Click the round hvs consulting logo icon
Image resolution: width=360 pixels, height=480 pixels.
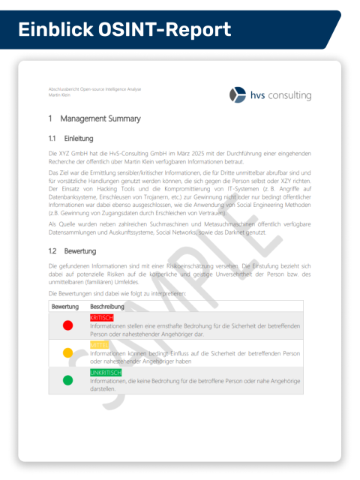tap(238, 94)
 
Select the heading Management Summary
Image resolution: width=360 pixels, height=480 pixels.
tap(100, 118)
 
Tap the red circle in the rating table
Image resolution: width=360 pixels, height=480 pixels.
tap(67, 325)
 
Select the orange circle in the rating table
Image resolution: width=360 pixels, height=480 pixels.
tap(67, 352)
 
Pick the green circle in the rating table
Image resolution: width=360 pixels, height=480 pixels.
tap(67, 380)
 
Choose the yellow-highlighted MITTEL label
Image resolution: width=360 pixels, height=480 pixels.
tap(99, 345)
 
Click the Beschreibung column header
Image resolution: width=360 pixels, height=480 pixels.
tap(107, 307)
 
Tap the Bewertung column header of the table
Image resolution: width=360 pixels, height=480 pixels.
tap(64, 307)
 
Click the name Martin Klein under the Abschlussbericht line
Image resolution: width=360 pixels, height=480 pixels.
tap(59, 96)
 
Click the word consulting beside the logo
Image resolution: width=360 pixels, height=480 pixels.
tap(287, 95)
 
